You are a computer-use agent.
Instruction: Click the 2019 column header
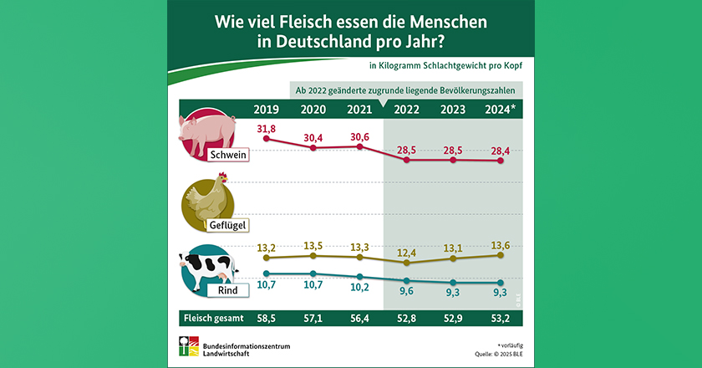(x=266, y=110)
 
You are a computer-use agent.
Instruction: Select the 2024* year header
(x=500, y=110)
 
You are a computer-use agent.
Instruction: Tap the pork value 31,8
(x=266, y=128)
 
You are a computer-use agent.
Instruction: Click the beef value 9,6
(x=406, y=294)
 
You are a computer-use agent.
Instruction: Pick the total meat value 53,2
(x=500, y=318)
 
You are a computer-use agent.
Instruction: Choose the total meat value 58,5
(x=266, y=318)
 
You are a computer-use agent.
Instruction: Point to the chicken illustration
(x=208, y=199)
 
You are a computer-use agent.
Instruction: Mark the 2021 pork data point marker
(x=359, y=146)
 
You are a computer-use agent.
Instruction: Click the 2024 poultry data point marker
(x=500, y=256)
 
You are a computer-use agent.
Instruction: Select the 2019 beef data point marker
(x=266, y=273)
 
